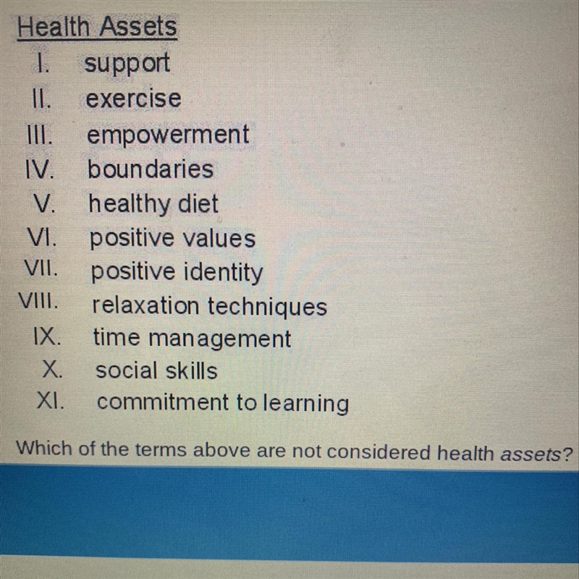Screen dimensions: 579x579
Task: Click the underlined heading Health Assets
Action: [x=97, y=27]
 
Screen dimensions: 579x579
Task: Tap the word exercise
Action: [x=133, y=98]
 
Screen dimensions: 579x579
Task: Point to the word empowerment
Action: [x=168, y=135]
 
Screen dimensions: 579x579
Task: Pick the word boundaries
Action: [x=151, y=169]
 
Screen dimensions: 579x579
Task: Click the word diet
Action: [x=198, y=203]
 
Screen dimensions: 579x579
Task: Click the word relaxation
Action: [x=145, y=305]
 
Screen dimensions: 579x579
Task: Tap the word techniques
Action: [x=267, y=306]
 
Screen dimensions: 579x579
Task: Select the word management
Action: [x=220, y=339]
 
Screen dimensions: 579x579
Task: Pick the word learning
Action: [x=305, y=403]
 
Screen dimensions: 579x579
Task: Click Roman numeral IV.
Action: [x=40, y=169]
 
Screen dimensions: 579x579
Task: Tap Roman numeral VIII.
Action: [x=38, y=301]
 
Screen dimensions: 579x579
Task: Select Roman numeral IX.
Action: [x=47, y=337]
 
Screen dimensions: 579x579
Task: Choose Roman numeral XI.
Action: [x=51, y=401]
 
